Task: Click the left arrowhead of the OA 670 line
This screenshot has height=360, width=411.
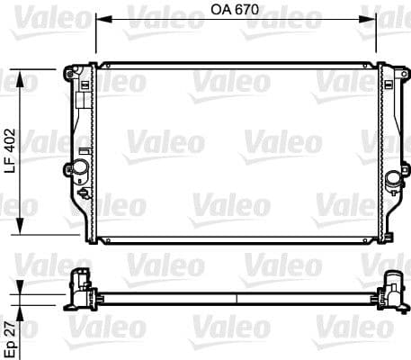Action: coord(101,18)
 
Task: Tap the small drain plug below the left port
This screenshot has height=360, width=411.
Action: coord(84,192)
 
